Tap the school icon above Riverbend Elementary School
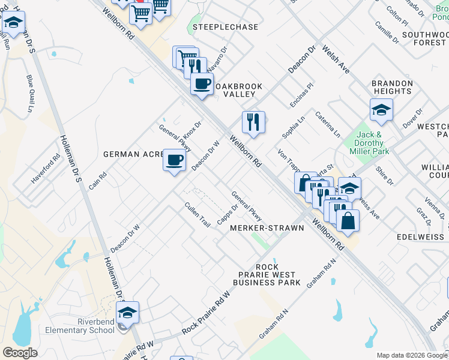(127, 312)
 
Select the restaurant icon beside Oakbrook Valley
(253, 122)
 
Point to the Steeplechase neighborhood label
(225, 27)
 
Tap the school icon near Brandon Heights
(381, 110)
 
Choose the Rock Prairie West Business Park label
(267, 274)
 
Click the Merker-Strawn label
(267, 228)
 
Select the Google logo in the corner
(20, 353)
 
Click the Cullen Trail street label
(197, 214)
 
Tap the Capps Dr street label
(223, 217)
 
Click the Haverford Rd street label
(46, 169)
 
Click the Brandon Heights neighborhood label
(392, 88)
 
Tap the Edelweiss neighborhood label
(420, 237)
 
